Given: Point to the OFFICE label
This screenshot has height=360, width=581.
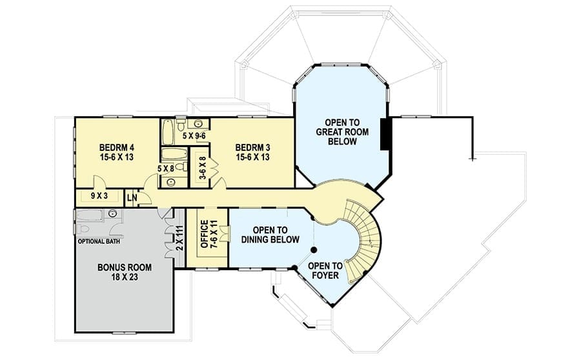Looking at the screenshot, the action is (204, 234).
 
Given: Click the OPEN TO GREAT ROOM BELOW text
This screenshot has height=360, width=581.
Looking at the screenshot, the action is (342, 132).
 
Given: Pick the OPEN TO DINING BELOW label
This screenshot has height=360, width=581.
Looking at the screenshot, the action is (270, 235).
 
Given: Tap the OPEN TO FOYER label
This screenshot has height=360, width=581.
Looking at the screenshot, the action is (325, 270).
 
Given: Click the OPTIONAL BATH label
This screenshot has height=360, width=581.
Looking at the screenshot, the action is (99, 241).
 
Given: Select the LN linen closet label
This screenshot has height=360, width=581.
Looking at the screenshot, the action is (132, 198).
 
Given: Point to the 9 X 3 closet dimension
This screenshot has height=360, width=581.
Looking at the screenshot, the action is (99, 195).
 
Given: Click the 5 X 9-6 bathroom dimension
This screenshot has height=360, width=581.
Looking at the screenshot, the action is (194, 136).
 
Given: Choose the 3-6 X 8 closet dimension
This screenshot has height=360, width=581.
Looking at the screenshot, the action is (203, 168).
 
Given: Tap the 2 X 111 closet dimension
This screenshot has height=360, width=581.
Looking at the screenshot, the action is (179, 239).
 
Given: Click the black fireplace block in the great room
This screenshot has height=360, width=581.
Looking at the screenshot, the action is (385, 134).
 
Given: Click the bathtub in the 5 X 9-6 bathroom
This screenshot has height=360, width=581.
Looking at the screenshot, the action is (168, 132).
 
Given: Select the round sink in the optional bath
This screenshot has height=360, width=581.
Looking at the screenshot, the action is (112, 214).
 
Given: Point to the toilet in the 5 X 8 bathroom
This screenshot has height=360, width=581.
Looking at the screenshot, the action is (181, 166).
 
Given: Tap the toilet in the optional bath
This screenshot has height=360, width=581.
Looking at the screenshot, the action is (82, 228).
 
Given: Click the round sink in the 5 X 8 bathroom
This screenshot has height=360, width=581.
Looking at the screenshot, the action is (171, 182).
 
